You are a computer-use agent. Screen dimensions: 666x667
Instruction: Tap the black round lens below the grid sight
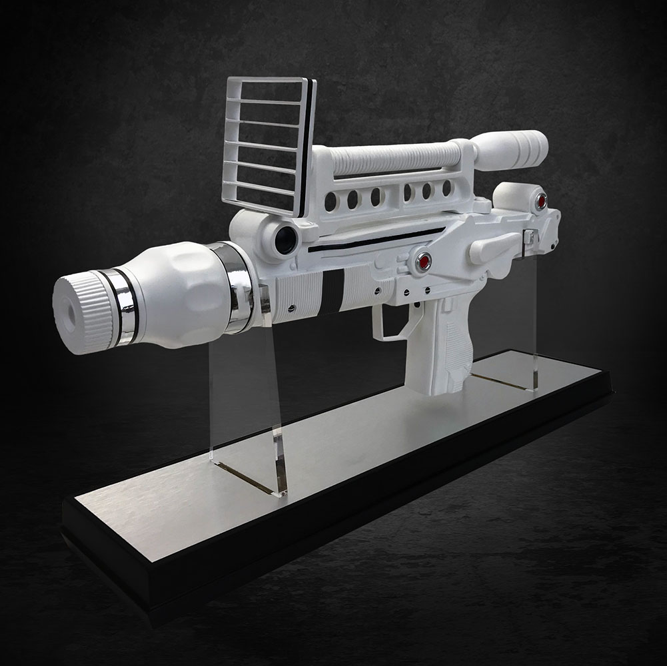(x=285, y=238)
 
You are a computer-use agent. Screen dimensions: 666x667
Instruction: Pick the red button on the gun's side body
(x=423, y=261)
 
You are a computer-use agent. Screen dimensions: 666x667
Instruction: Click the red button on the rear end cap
(x=540, y=200)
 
